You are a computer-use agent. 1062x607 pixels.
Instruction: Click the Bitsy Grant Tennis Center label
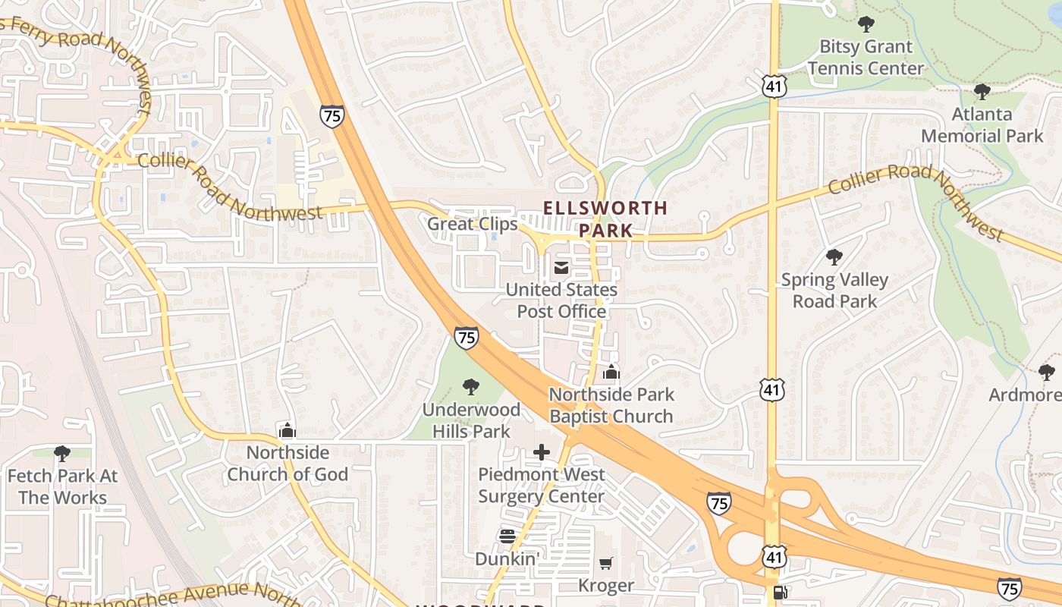click(866, 58)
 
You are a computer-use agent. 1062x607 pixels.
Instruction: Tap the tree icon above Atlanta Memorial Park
click(982, 93)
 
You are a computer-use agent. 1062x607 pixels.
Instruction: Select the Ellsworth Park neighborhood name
click(605, 219)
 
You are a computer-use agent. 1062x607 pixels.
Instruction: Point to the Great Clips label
click(472, 224)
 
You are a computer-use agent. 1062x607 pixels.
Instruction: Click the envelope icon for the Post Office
click(561, 268)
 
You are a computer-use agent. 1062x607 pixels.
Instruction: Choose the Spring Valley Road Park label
click(834, 291)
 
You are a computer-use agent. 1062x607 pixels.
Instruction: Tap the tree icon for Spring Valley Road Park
click(834, 257)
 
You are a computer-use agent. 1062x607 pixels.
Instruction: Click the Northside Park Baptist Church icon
click(611, 373)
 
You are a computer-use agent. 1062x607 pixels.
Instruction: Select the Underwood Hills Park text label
click(471, 420)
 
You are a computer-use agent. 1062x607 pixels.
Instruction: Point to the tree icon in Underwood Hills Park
click(471, 387)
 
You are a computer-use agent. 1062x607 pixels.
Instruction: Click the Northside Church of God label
click(287, 464)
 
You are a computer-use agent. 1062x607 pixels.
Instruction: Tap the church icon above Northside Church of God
click(287, 431)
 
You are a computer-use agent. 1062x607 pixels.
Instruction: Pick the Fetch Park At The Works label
click(62, 486)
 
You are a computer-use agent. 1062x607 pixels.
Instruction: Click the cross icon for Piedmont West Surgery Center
click(542, 453)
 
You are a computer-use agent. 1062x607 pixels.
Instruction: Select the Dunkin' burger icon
click(507, 536)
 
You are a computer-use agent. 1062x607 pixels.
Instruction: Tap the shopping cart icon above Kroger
click(606, 564)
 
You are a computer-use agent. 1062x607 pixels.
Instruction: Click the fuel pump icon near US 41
click(780, 593)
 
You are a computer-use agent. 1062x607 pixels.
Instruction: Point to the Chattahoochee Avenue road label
click(167, 595)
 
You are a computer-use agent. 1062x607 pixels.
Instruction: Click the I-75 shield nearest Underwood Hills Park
click(467, 338)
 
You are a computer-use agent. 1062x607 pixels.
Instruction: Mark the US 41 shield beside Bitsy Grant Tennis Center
click(773, 86)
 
